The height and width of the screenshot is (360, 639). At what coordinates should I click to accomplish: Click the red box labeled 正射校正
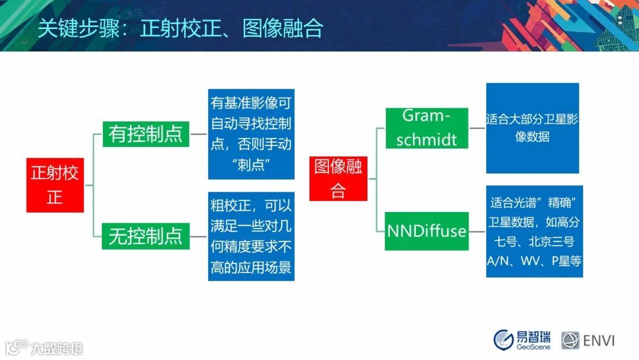55,185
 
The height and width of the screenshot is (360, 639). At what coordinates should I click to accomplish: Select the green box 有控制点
146,134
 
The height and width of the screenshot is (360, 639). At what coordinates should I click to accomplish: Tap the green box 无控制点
146,236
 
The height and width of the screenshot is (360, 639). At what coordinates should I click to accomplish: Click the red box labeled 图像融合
338,179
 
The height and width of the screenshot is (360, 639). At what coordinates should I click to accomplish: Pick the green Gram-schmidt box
427,128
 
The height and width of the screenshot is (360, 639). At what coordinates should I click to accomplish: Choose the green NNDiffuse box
427,231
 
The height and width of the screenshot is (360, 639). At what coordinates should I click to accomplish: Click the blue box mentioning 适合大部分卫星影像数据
532,128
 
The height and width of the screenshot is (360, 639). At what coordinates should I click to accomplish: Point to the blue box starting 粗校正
251,236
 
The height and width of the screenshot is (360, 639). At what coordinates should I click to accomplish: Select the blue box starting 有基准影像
251,134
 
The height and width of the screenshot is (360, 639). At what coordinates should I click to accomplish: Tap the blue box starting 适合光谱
534,232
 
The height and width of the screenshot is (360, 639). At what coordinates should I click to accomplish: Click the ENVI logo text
599,340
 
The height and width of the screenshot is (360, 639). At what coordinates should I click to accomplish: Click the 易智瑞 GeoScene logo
522,340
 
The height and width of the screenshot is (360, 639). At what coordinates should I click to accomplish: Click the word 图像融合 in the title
282,28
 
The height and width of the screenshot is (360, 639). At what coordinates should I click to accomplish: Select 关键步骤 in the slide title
79,28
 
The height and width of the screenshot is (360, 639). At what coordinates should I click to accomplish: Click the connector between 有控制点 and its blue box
198,134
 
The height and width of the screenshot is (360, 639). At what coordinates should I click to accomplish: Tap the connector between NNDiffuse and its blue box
477,232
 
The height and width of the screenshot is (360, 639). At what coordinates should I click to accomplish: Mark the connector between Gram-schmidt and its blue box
477,128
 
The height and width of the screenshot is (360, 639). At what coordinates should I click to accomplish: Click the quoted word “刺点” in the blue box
251,165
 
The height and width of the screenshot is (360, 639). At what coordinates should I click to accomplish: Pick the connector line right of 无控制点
198,236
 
